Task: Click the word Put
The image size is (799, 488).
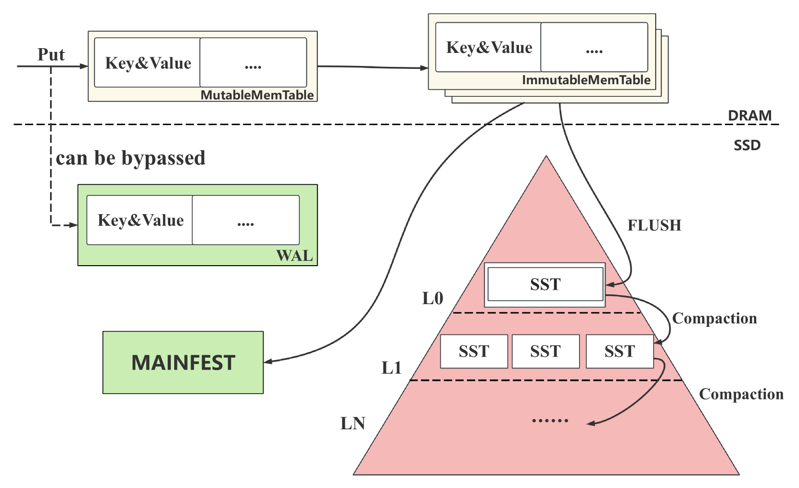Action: tap(51, 54)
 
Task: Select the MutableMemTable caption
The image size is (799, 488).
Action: tap(257, 95)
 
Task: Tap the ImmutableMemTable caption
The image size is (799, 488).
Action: tap(586, 80)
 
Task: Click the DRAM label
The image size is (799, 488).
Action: tap(749, 116)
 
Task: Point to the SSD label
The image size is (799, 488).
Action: tap(747, 145)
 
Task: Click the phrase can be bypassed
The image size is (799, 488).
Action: tap(130, 158)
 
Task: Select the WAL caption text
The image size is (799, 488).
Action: tap(294, 256)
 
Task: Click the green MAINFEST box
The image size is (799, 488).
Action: tap(183, 362)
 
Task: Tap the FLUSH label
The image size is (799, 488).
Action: tap(654, 225)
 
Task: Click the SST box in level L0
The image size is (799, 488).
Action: tap(545, 284)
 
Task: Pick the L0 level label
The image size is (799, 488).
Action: tap(432, 298)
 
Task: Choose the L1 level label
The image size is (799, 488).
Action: tap(391, 368)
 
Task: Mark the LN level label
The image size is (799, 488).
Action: tap(353, 424)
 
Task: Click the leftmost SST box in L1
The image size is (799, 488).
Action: tap(474, 351)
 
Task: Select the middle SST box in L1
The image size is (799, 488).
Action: tap(545, 351)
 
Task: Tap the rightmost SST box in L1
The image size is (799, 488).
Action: tap(620, 351)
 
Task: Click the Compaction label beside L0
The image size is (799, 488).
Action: tap(714, 318)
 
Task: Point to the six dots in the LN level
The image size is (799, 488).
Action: tap(550, 420)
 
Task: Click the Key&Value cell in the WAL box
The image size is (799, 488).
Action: tap(140, 220)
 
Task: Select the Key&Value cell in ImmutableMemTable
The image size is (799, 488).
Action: tap(489, 47)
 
